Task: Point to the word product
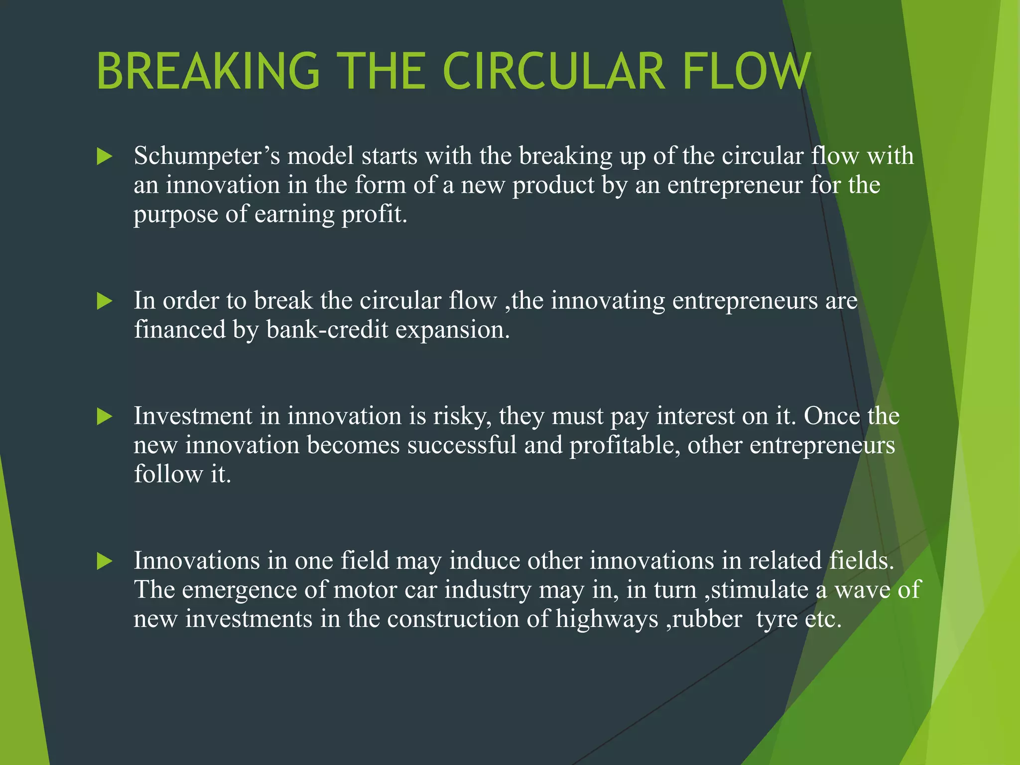click(554, 185)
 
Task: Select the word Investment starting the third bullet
click(193, 416)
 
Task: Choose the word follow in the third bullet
click(168, 474)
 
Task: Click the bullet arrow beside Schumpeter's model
click(104, 157)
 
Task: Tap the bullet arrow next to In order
click(104, 301)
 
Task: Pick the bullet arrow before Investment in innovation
click(104, 417)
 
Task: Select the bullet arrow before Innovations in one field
click(104, 561)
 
